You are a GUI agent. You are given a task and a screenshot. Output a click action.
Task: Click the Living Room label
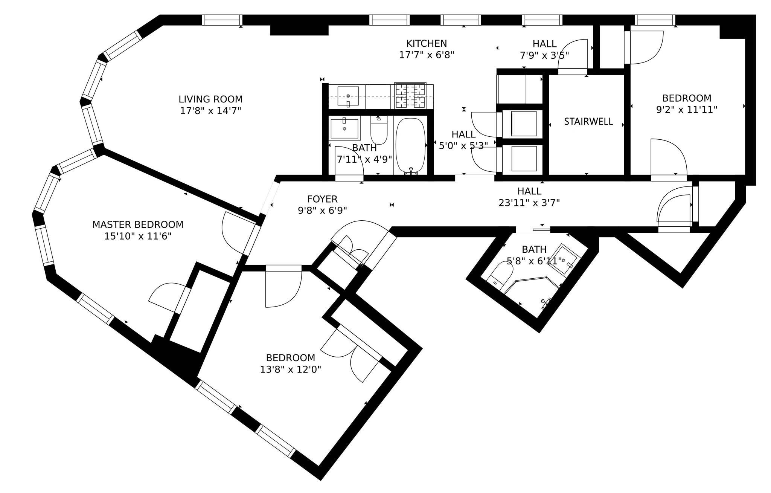tap(210, 99)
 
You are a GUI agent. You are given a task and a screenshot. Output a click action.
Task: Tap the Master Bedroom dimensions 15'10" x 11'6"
tap(138, 237)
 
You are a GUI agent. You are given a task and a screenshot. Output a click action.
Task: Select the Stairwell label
tap(588, 121)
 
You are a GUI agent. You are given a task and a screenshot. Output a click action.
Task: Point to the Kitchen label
tap(427, 43)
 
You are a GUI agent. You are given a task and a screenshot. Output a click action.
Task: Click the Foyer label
tap(322, 199)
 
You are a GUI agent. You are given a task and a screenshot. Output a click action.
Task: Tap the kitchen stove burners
tap(410, 95)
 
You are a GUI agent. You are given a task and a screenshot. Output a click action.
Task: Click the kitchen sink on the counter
tap(348, 96)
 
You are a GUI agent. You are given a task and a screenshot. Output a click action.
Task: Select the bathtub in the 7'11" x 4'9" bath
tap(411, 145)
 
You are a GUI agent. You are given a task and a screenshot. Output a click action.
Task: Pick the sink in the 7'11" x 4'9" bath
tap(344, 128)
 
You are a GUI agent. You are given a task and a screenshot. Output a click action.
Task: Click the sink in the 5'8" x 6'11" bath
tap(565, 259)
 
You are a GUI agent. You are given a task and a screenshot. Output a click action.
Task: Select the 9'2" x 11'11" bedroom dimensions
tap(687, 110)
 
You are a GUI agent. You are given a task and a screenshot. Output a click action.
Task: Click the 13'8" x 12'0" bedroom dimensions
tap(291, 369)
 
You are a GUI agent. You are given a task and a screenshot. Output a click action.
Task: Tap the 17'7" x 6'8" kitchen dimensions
tap(427, 55)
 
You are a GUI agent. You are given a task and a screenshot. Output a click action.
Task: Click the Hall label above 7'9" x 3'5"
tap(544, 44)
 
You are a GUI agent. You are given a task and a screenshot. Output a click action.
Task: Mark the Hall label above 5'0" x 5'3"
tap(463, 134)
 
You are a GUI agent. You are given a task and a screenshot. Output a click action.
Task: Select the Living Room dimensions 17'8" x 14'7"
tap(210, 111)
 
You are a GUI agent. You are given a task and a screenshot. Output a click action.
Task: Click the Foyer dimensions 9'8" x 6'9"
tap(322, 210)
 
